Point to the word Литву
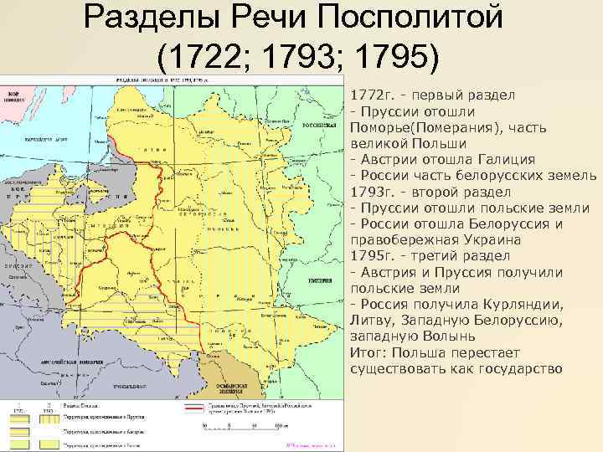(372, 318)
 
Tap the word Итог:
(369, 350)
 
